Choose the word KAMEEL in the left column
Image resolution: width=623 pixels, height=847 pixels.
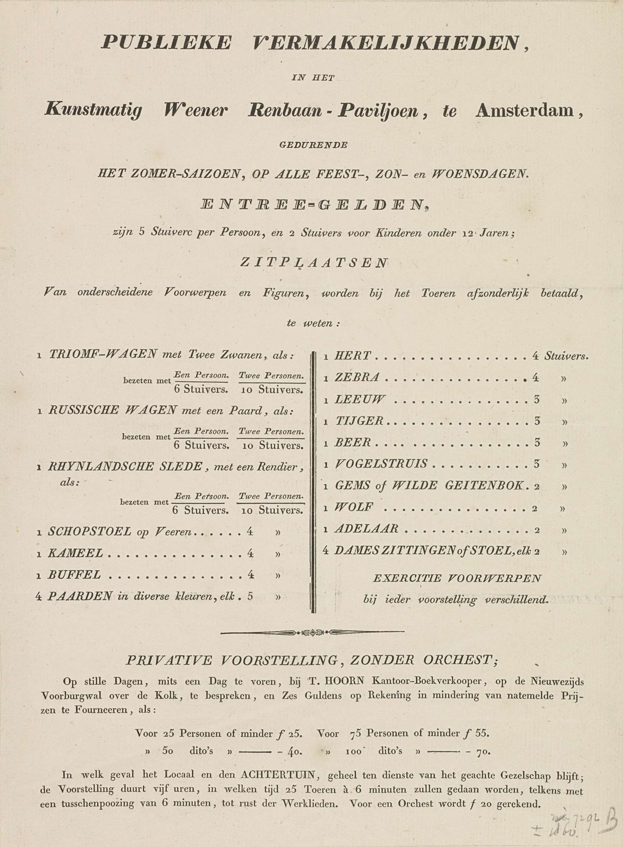76,553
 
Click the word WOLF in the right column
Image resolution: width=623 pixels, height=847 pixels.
354,508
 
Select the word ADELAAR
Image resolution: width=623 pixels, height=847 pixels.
366,529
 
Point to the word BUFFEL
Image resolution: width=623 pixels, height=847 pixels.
74,575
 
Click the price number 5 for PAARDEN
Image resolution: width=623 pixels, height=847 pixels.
250,597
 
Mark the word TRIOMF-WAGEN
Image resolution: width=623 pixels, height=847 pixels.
103,354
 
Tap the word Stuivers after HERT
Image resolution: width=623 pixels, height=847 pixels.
565,356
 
